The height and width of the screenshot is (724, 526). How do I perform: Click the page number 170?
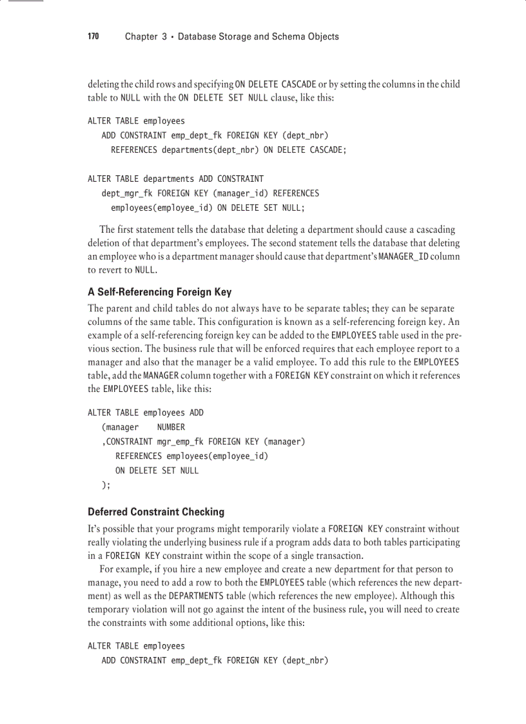coord(93,37)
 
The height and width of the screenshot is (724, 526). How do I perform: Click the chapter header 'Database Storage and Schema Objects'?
coord(258,37)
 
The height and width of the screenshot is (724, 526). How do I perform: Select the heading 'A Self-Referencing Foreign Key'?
coord(159,292)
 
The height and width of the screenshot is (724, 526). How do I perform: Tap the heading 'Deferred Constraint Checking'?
coord(156,512)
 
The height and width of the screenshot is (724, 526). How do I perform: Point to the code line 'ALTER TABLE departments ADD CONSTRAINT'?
coord(175,179)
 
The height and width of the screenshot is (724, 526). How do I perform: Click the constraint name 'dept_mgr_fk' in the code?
coord(127,193)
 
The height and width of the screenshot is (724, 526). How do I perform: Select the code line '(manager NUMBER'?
coord(143,427)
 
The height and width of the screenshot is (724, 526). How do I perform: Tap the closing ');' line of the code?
coord(106,485)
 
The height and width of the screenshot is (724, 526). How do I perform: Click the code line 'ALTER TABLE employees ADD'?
coord(146,413)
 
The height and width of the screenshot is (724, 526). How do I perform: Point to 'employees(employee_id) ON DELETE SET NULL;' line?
coord(208,208)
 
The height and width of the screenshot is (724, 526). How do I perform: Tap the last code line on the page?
coord(215,660)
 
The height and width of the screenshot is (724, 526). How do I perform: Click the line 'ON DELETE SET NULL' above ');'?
coord(157,471)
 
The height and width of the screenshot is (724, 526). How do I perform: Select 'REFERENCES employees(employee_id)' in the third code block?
coord(191,456)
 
